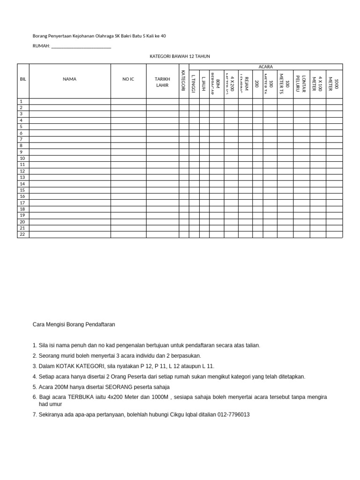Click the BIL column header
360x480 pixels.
tap(23, 79)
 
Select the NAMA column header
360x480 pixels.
tap(69, 79)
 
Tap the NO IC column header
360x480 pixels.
tap(128, 79)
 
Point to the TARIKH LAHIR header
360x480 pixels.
tap(162, 82)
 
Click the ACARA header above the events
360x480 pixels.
tap(265, 67)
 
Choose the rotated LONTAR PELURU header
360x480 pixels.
tap(300, 83)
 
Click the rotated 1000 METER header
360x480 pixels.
tap(334, 83)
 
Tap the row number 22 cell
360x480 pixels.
tap(22, 234)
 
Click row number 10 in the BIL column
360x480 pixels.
tap(22, 158)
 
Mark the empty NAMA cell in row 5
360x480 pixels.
tap(69, 127)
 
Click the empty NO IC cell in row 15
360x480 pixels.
tap(128, 190)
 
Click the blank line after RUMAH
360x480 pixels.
tap(81, 46)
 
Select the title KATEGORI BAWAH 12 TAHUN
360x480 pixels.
tap(180, 56)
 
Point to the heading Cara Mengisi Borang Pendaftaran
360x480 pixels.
tap(74, 324)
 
